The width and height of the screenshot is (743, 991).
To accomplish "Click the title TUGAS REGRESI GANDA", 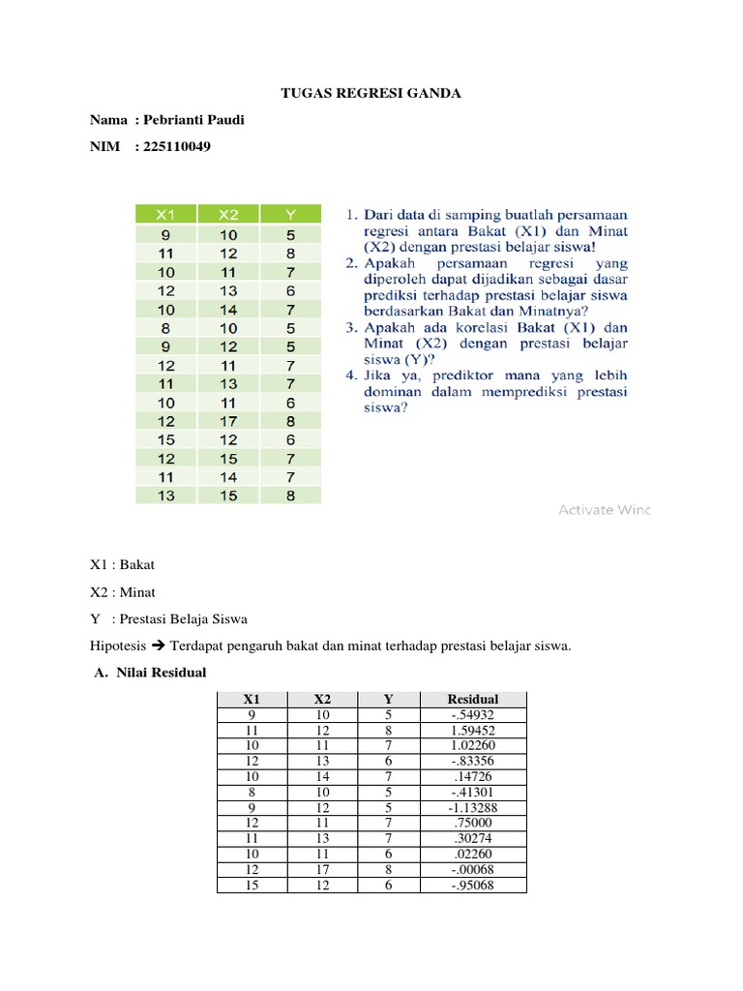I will [371, 94].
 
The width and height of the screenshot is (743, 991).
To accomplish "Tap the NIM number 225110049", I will [176, 147].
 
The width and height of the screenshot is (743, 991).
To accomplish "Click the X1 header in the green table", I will [165, 214].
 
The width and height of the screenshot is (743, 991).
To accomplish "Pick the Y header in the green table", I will [290, 214].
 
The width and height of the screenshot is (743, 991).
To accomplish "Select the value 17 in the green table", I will [227, 421].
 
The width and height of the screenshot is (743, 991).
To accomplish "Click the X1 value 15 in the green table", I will [165, 439].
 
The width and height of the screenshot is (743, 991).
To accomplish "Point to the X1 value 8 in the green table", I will [165, 327].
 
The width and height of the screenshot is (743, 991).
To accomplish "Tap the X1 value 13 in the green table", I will [165, 495].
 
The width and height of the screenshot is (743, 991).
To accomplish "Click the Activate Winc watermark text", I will [604, 509].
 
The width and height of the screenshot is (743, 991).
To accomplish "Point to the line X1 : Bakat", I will [122, 564].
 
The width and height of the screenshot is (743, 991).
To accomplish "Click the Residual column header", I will [473, 699].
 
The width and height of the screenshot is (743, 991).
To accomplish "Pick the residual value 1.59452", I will [473, 731].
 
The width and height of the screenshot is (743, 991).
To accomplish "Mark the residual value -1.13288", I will [473, 808].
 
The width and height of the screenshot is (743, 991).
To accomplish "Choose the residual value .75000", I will [473, 824].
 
